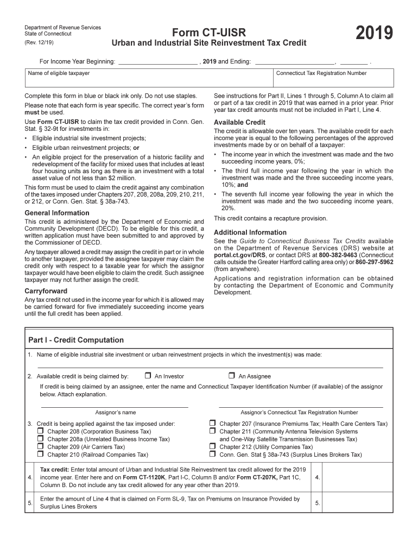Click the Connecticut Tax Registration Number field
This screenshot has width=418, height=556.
point(333,80)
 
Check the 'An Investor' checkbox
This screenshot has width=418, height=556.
point(148,376)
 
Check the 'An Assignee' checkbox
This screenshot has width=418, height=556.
point(231,376)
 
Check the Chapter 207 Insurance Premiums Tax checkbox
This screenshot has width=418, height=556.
point(212,424)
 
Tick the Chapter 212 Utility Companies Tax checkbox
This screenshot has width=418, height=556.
point(212,447)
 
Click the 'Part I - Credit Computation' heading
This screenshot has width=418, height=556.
point(76,340)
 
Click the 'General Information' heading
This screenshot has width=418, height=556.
point(57,213)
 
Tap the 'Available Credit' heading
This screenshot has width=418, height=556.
point(239,122)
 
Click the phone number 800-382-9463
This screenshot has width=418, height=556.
point(338,255)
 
